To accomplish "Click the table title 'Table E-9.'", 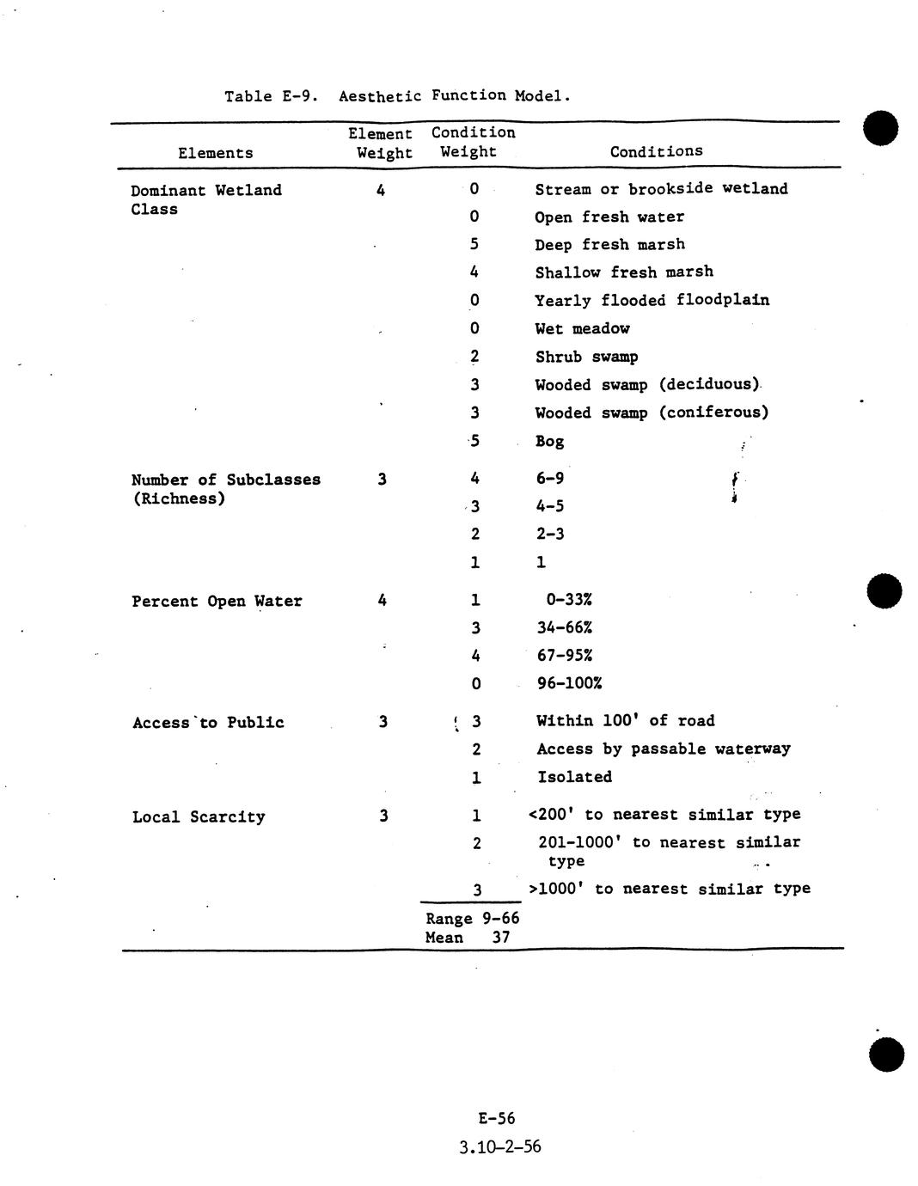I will click(x=272, y=96).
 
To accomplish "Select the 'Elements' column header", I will click(x=216, y=153).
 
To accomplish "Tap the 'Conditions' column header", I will click(x=656, y=151).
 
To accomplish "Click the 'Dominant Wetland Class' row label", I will click(x=206, y=199).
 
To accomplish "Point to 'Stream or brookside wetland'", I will click(x=661, y=189).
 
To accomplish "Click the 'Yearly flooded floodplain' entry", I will click(x=652, y=300).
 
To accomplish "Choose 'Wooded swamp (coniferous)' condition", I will click(x=652, y=413).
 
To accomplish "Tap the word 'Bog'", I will click(x=549, y=442).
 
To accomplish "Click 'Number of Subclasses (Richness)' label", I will click(x=225, y=489).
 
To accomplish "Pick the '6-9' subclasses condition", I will click(x=550, y=479).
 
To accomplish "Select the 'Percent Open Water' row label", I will click(x=217, y=602).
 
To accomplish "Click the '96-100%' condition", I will click(x=569, y=683).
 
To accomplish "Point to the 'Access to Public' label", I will click(x=208, y=723).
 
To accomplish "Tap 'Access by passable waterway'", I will click(x=664, y=749).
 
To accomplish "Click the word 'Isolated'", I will click(x=574, y=777).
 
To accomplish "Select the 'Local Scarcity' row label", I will click(x=199, y=816).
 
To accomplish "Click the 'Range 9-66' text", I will click(x=472, y=919).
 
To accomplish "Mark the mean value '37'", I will click(x=501, y=938).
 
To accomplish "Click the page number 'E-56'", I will click(x=497, y=1118).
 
